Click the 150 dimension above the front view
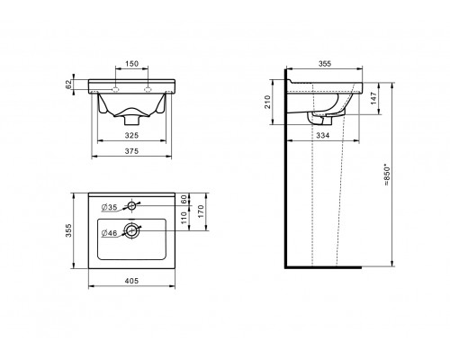pos(131,64)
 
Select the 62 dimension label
pos(68,85)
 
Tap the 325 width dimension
pos(131,135)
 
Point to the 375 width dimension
pos(131,151)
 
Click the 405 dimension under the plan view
pos(131,281)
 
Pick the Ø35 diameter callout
pos(109,207)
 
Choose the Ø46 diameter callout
pos(109,233)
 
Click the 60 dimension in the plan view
pos(184,198)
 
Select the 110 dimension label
pos(184,218)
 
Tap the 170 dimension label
pos(201,211)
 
